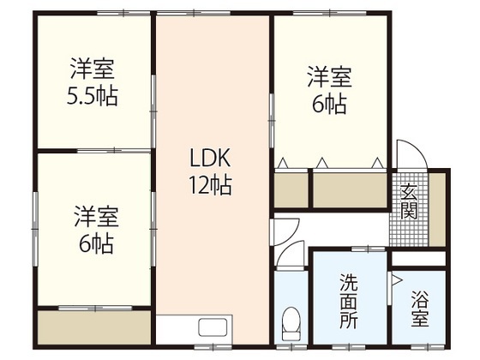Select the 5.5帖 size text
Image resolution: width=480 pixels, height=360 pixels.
click(93, 93)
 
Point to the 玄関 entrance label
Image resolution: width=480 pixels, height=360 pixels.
click(408, 201)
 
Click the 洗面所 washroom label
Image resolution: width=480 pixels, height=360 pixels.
click(351, 299)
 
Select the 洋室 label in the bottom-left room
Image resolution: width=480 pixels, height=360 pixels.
click(93, 214)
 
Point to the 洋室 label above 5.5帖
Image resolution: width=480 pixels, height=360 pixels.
click(93, 67)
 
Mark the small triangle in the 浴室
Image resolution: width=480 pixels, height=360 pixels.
click(397, 279)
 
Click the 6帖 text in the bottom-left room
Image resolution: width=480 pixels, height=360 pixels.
click(93, 243)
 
